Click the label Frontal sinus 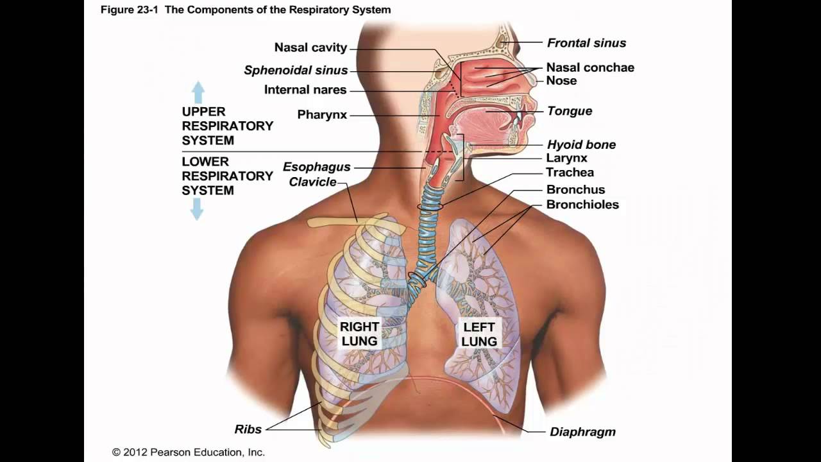coord(586,43)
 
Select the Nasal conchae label coord(590,67)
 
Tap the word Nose coord(561,81)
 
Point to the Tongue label coord(570,111)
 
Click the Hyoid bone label coord(581,144)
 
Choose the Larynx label coord(566,158)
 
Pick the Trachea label coord(570,172)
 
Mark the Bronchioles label coord(582,205)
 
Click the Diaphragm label coord(582,432)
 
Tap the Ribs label coord(248,429)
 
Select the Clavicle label coord(312,182)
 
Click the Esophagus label coord(317,167)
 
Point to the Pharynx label coord(322,115)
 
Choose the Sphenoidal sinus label coord(296,71)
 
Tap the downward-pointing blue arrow coord(197,209)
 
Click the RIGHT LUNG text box coord(359,334)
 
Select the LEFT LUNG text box coord(479,334)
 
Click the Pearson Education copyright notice coord(188,452)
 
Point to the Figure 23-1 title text coord(246,10)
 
